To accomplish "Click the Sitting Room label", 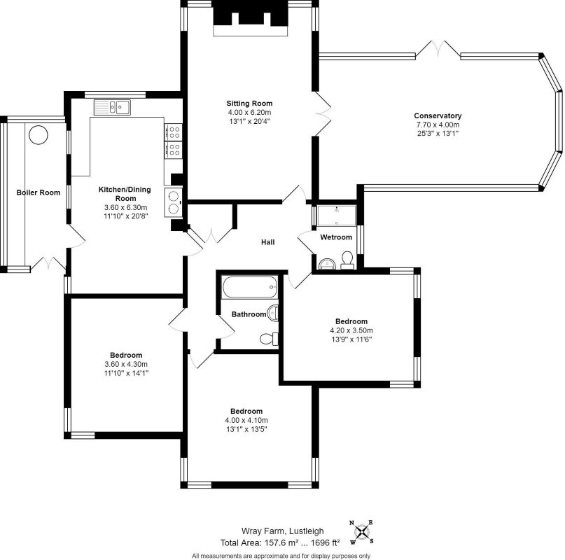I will (249, 103).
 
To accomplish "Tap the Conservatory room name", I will (438, 115).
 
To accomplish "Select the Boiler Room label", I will (39, 192).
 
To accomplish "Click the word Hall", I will (267, 242).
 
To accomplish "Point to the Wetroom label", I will (336, 237).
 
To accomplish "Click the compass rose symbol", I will (361, 532).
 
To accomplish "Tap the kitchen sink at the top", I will (112, 107).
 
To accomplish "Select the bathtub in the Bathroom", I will (248, 288).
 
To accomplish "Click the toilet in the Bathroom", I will (269, 339).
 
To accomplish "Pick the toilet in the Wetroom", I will (347, 261).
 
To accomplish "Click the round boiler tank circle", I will (38, 134).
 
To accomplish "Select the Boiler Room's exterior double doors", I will (48, 264).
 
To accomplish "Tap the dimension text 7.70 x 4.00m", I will (438, 125).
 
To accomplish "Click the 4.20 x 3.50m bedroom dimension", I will (351, 330).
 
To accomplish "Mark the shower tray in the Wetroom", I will (336, 215).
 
